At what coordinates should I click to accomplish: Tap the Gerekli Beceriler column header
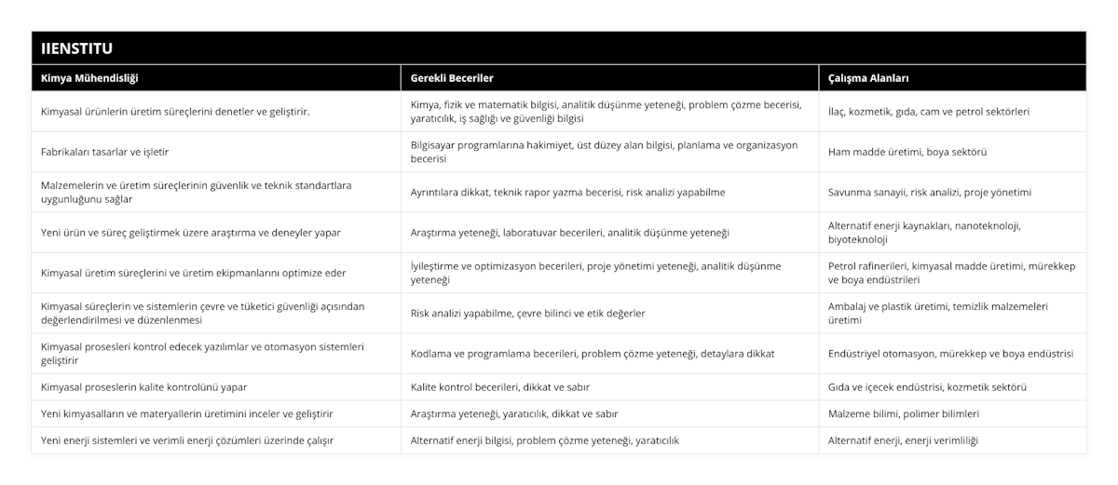coord(452,78)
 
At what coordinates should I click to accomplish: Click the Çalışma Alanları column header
coord(868,78)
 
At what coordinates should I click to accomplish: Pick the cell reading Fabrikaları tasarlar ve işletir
coord(105,152)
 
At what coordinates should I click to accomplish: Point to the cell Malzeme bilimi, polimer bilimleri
coord(903,412)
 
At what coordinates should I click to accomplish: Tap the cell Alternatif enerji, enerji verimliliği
coord(903,439)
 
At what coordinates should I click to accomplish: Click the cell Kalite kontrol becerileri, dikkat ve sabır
coord(499,386)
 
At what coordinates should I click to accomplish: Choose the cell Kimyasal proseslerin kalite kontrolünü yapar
coord(144,386)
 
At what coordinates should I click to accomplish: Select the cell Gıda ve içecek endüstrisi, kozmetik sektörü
coord(935,386)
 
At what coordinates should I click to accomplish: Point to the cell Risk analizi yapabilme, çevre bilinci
coord(528,313)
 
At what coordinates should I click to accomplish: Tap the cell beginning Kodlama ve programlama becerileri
coord(592,353)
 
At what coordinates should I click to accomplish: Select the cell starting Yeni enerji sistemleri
coord(187,439)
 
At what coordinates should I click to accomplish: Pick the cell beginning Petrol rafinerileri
coord(950,273)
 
